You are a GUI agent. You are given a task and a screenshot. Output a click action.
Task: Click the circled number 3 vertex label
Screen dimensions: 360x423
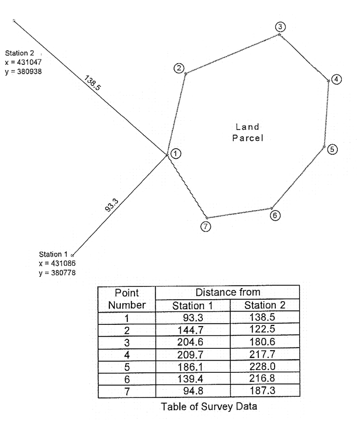pos(280,27)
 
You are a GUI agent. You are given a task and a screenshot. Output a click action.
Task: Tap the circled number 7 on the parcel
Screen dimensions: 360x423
pos(206,226)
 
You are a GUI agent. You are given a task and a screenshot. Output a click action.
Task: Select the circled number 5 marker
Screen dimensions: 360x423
pos(332,149)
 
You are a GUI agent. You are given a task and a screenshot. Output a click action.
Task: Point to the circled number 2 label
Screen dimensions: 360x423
pos(179,68)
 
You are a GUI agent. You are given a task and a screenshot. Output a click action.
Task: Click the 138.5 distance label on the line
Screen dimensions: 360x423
pos(92,83)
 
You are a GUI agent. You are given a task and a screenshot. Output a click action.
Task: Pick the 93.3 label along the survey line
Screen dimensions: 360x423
pos(112,205)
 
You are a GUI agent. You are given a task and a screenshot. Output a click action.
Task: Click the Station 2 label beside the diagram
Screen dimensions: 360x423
pos(20,53)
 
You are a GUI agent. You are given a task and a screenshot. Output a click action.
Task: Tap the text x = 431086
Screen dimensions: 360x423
pos(57,263)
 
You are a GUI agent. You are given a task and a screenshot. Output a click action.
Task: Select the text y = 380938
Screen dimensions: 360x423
pos(23,71)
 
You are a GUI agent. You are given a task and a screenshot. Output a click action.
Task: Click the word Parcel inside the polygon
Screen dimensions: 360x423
pos(248,138)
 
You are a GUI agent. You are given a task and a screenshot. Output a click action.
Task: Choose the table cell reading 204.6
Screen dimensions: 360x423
pos(191,342)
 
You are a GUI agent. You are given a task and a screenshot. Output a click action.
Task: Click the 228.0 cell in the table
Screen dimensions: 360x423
pos(262,366)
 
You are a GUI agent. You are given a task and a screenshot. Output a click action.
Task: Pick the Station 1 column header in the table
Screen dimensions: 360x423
pos(193,306)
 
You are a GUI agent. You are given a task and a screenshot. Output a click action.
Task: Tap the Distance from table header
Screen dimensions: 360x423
pos(228,292)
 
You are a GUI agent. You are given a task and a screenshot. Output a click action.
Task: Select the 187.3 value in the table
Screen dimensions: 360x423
pos(262,390)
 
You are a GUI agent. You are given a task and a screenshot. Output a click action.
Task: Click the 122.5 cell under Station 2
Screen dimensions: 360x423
pos(262,329)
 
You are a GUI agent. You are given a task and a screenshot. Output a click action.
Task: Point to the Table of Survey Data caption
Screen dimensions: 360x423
pos(209,406)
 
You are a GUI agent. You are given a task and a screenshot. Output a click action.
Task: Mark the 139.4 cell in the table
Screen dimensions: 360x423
pos(191,379)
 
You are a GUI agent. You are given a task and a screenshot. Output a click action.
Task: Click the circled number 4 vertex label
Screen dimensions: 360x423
pos(336,79)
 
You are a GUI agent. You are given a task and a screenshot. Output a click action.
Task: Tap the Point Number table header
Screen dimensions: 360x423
pos(127,299)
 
